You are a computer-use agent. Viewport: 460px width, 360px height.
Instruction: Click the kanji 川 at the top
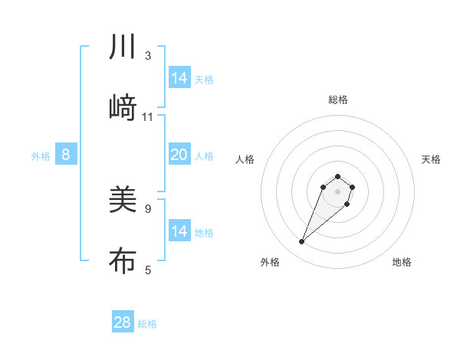click(123, 48)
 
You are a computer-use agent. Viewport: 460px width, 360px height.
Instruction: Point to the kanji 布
click(123, 260)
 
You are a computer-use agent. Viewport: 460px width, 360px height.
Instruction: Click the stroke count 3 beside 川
click(148, 56)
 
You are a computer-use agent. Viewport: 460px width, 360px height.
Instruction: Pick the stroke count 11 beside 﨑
click(148, 117)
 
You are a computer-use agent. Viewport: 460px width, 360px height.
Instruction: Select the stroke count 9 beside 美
click(148, 208)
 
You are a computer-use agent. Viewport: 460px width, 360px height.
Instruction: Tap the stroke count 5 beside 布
click(148, 270)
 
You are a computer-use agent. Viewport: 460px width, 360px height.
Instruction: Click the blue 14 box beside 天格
click(179, 78)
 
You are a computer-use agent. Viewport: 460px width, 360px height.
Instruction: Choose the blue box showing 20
click(179, 155)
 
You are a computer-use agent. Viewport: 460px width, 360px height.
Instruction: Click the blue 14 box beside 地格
click(179, 231)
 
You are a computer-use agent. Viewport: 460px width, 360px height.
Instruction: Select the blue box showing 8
click(66, 155)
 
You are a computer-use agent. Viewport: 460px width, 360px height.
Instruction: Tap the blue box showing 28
click(123, 322)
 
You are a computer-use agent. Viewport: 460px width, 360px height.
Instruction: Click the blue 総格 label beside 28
click(147, 324)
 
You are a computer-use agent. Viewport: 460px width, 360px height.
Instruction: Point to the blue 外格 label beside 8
click(41, 156)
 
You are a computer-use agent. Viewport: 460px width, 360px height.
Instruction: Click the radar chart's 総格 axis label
click(337, 100)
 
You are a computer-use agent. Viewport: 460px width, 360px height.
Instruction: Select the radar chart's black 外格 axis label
click(270, 262)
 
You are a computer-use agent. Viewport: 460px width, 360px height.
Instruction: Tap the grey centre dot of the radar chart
click(337, 191)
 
